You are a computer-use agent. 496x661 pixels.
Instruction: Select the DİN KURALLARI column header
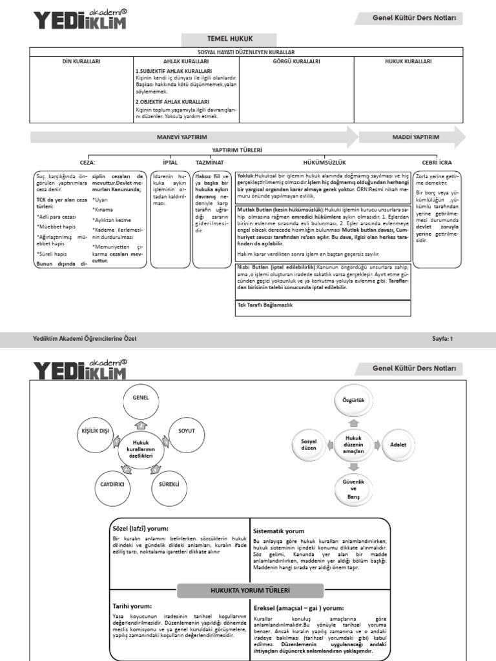pyautogui.click(x=81, y=61)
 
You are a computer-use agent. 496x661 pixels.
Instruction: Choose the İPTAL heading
pyautogui.click(x=170, y=163)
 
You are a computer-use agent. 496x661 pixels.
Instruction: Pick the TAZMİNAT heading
pyautogui.click(x=210, y=163)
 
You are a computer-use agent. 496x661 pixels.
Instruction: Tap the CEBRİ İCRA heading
pyautogui.click(x=438, y=163)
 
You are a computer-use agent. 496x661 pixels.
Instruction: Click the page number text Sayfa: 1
pyautogui.click(x=442, y=338)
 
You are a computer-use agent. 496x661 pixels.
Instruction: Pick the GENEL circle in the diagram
pyautogui.click(x=140, y=399)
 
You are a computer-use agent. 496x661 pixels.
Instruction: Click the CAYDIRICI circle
pyautogui.click(x=112, y=483)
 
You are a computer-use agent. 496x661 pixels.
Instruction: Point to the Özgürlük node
pyautogui.click(x=353, y=401)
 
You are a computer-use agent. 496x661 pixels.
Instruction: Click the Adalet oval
pyautogui.click(x=394, y=445)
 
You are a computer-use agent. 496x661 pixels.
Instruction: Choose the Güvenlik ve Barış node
pyautogui.click(x=353, y=489)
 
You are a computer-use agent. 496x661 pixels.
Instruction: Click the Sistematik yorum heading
pyautogui.click(x=279, y=531)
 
